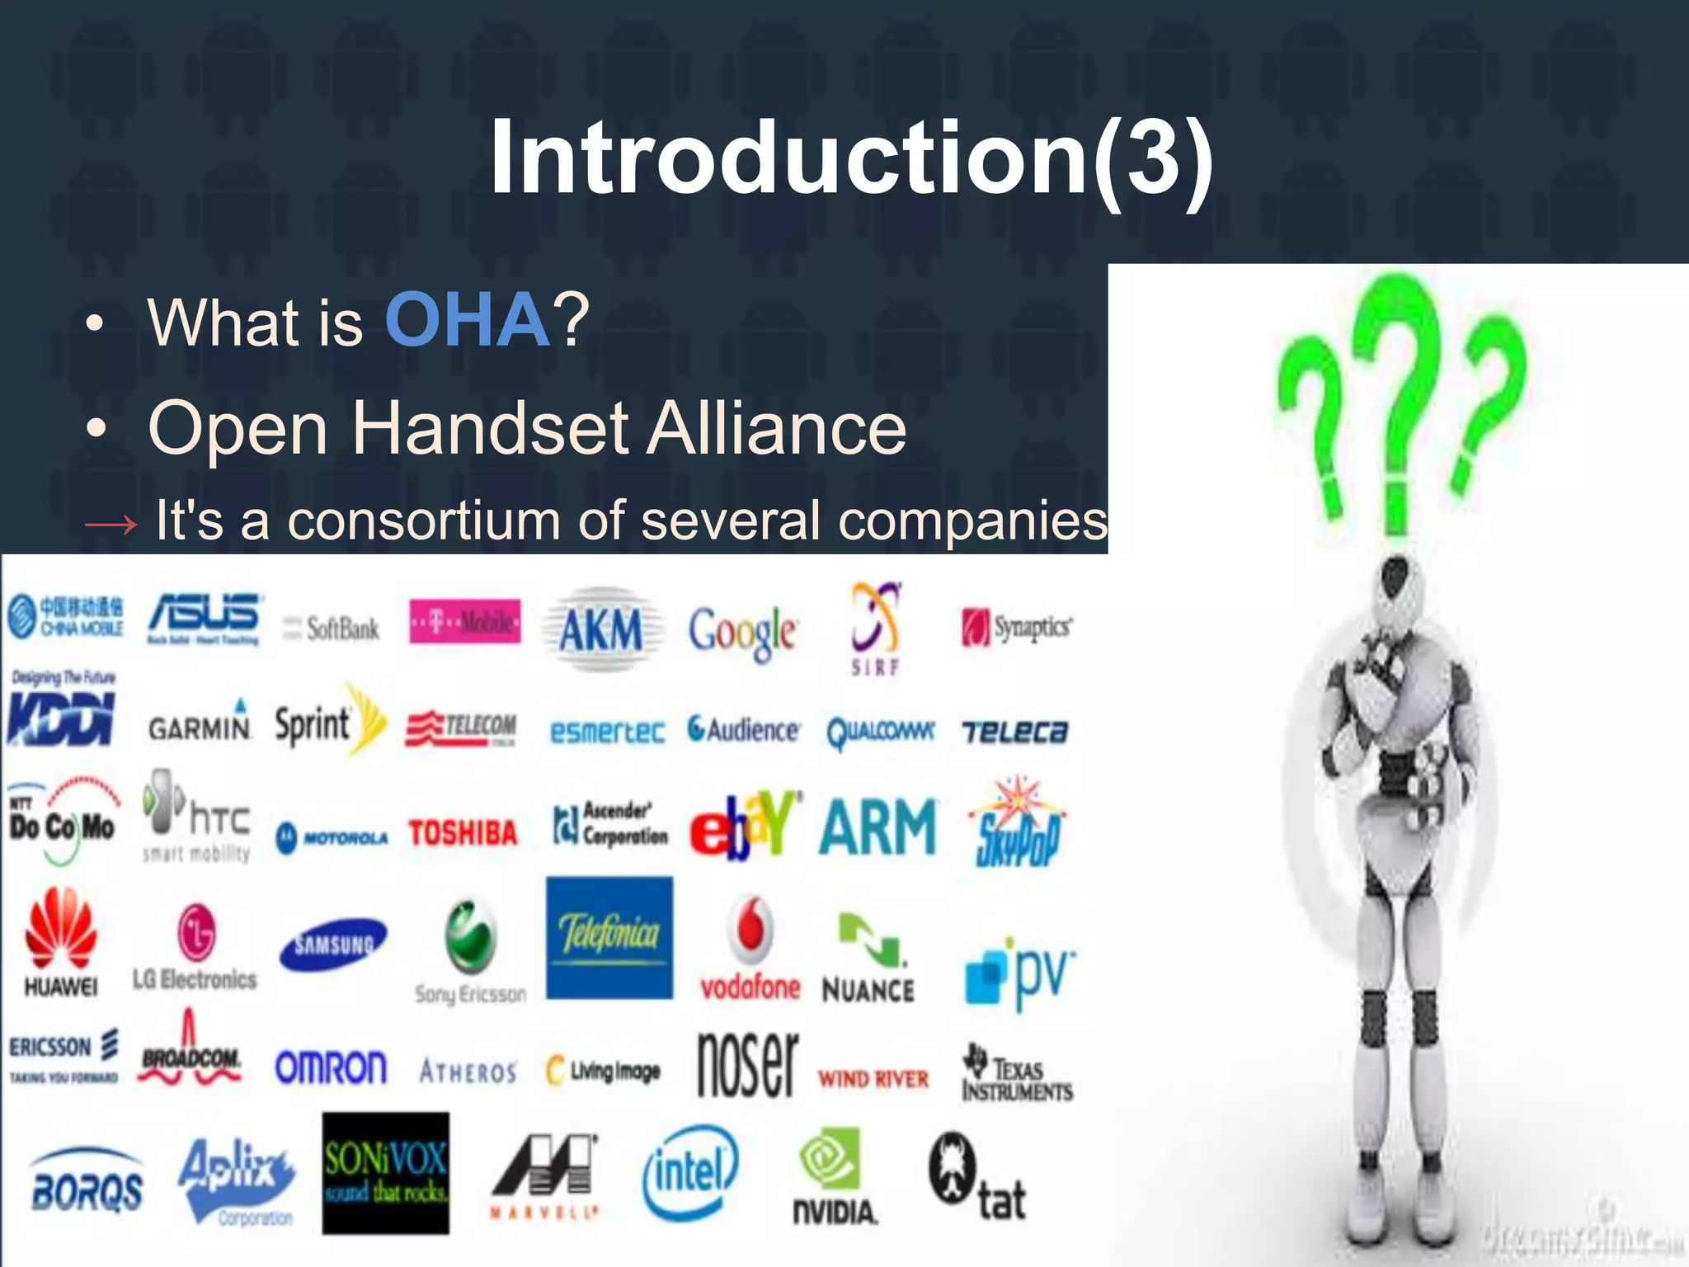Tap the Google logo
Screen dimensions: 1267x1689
click(x=742, y=631)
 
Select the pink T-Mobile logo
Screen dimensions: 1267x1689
click(x=465, y=621)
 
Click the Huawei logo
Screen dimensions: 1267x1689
click(x=61, y=941)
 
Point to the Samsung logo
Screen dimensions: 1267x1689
click(x=333, y=944)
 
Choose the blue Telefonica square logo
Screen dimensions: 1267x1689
click(x=609, y=937)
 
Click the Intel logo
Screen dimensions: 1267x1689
click(x=690, y=1172)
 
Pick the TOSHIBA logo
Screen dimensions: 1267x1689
click(x=463, y=833)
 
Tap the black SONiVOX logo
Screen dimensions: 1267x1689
click(x=385, y=1172)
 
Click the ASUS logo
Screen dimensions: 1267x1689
click(x=205, y=619)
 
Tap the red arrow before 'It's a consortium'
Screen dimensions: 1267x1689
click(x=111, y=524)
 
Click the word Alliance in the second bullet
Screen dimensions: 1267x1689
click(x=776, y=428)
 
